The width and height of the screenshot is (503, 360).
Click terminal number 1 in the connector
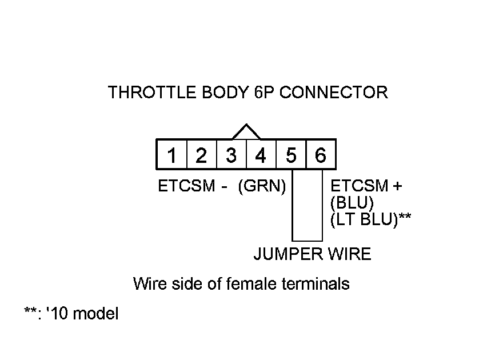171,155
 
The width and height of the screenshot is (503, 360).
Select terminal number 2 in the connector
201,155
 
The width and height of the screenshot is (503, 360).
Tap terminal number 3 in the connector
231,155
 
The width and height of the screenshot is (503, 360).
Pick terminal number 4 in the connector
261,155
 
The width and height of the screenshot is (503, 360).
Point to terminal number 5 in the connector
291,155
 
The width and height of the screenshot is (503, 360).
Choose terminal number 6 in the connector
321,155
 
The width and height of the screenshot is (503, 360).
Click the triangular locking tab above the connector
246,131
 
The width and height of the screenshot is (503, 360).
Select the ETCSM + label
366,186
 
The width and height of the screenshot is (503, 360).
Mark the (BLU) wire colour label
352,203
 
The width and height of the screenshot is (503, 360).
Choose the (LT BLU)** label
371,219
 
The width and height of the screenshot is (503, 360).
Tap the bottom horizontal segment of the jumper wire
307,241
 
